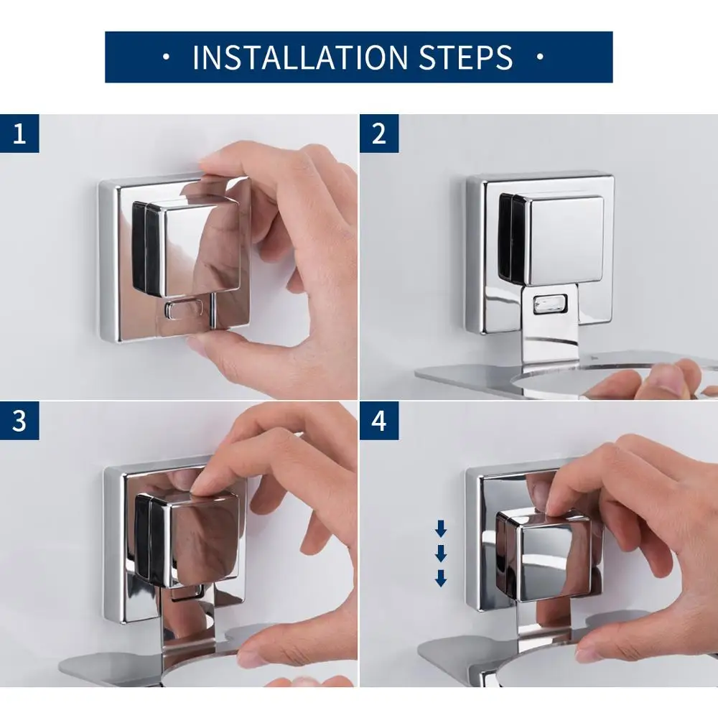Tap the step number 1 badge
(x=19, y=134)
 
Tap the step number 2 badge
(x=378, y=134)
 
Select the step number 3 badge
(x=19, y=421)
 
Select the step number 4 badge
(x=378, y=421)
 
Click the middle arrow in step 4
(x=441, y=554)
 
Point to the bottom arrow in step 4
(x=441, y=577)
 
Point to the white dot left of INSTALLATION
(x=166, y=57)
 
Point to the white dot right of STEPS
(x=540, y=57)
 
